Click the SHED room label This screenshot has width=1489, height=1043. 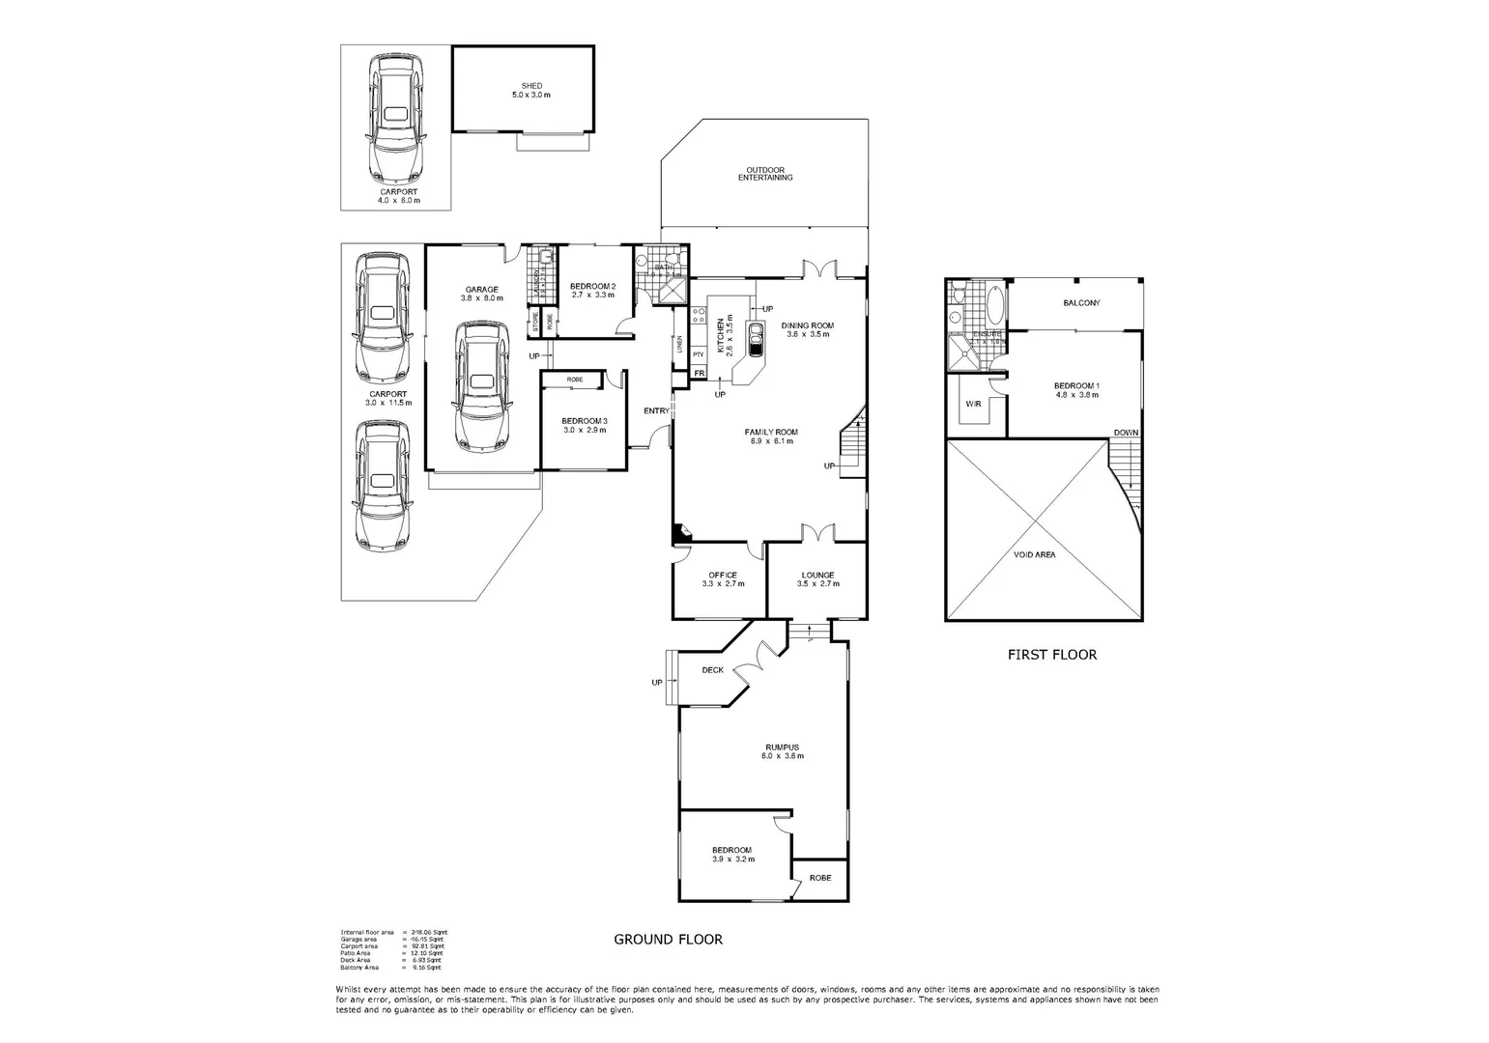pos(531,87)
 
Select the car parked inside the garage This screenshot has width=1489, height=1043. pos(481,384)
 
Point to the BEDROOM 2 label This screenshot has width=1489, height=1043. pos(592,287)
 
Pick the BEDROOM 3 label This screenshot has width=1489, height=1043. pos(585,421)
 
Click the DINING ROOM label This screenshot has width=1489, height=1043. pos(807,326)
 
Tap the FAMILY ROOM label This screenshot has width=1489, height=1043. pos(770,433)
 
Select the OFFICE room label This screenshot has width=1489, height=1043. pos(722,576)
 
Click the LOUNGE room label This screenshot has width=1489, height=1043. pos(816,576)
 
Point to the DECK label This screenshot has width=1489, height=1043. pos(712,670)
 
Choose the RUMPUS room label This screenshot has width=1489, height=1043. pos(782,747)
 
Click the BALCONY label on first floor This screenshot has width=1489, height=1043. pos(1081,303)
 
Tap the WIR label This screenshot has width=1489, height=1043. pos(973,404)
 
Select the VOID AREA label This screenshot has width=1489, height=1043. pos(1034,555)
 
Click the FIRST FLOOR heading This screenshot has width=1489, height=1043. pos(1051,655)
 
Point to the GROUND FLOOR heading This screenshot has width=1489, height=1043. pos(668,939)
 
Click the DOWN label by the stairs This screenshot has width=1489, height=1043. pos(1125,433)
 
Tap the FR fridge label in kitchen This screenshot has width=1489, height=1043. pos(699,373)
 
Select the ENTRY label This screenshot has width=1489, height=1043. pos(656,411)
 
